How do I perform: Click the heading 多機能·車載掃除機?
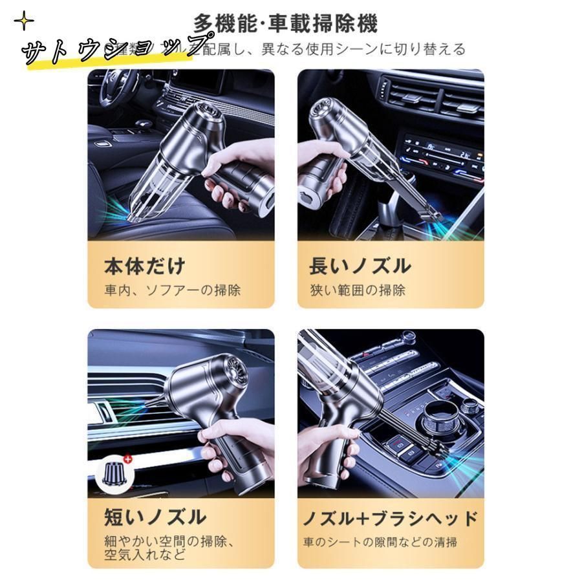[x=285, y=24]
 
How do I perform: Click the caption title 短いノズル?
[x=155, y=517]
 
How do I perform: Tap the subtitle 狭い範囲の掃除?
[x=357, y=290]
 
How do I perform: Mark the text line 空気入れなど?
[x=145, y=554]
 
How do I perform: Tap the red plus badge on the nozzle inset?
[x=127, y=459]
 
